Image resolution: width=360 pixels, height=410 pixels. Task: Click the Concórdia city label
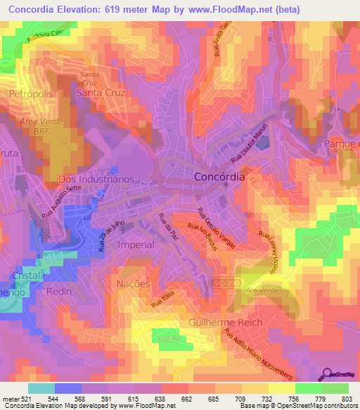pos(219,178)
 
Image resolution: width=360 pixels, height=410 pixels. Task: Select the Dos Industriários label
pos(87,179)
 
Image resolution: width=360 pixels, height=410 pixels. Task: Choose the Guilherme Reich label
pos(225,322)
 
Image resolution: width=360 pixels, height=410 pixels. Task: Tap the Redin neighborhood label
pos(59,290)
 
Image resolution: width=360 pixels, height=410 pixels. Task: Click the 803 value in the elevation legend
pos(347,397)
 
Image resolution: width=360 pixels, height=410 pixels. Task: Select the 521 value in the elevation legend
pos(26,397)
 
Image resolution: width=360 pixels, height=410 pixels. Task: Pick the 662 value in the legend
pos(186,397)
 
